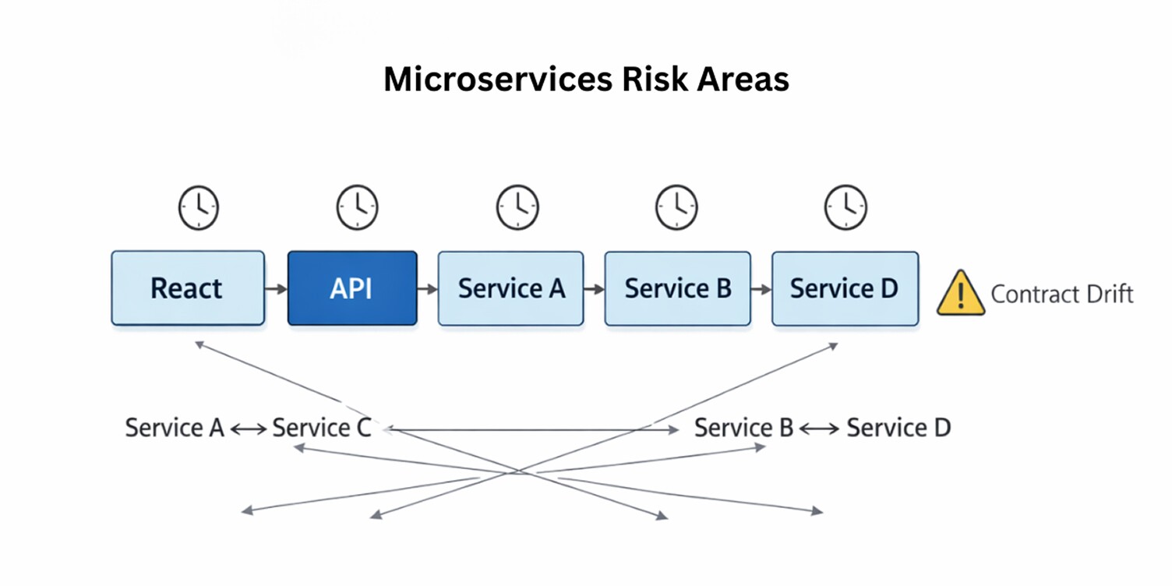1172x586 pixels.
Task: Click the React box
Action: [x=187, y=288]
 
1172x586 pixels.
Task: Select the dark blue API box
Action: [x=352, y=288]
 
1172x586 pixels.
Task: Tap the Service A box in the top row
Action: [x=510, y=288]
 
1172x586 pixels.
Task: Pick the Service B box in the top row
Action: [x=677, y=288]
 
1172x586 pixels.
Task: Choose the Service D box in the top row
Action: [x=845, y=288]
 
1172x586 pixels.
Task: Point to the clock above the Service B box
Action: [x=676, y=207]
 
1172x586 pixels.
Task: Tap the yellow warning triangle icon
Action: [x=961, y=293]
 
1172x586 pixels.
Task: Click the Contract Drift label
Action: [x=1061, y=294]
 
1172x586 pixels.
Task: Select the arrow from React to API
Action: [x=276, y=289]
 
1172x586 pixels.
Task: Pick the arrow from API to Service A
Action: [x=427, y=289]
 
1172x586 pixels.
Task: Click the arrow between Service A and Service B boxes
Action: [x=594, y=289]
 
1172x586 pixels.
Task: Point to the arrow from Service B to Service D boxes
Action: [x=761, y=289]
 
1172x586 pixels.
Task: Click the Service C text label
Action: [x=321, y=428]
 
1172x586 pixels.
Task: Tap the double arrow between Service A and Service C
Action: [x=248, y=429]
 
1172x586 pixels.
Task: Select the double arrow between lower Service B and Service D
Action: [x=819, y=429]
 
